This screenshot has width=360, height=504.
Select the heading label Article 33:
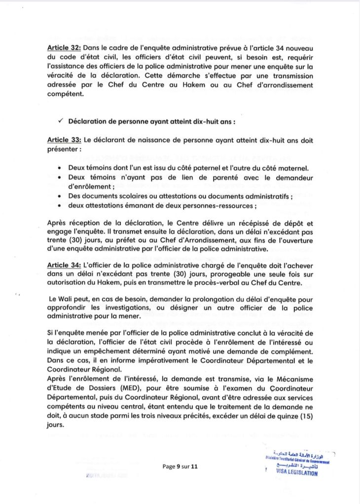click(64, 140)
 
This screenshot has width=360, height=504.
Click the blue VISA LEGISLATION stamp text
click(297, 473)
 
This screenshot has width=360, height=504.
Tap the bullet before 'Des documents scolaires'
click(60, 196)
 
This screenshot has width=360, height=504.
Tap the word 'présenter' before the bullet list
click(63, 149)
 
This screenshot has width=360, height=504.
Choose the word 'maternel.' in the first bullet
click(297, 168)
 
